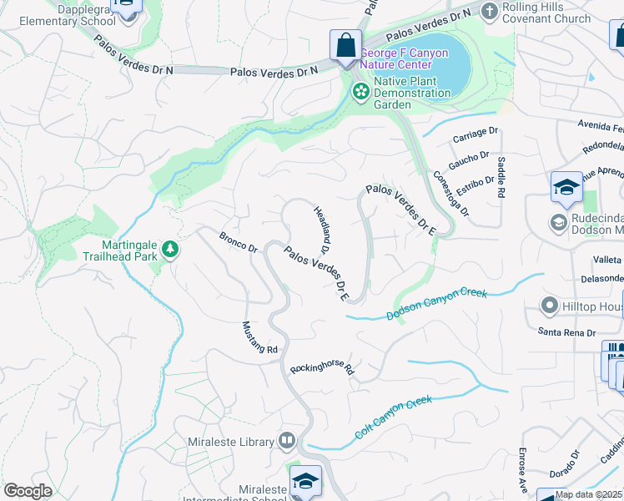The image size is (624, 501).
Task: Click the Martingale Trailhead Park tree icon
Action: [x=170, y=249]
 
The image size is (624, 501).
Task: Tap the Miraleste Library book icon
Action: [x=287, y=439]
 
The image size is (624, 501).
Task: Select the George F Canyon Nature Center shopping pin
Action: [x=345, y=46]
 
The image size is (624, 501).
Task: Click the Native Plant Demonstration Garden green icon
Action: [x=361, y=91]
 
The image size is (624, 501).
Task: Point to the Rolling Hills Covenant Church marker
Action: [x=489, y=10]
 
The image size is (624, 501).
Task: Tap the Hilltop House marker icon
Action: [x=549, y=306]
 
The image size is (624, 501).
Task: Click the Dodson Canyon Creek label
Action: [x=436, y=304]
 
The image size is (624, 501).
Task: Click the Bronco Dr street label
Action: [x=239, y=244]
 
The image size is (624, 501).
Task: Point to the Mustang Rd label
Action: [x=259, y=338]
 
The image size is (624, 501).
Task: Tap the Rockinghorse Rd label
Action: [x=323, y=367]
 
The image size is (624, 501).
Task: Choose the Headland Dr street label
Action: [x=322, y=230]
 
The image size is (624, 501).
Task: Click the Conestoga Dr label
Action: [x=451, y=194]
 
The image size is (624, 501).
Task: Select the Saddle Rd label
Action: [x=501, y=177]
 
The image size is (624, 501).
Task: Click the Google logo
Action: [x=27, y=491]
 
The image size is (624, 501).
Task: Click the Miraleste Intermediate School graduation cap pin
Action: [x=306, y=482]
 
